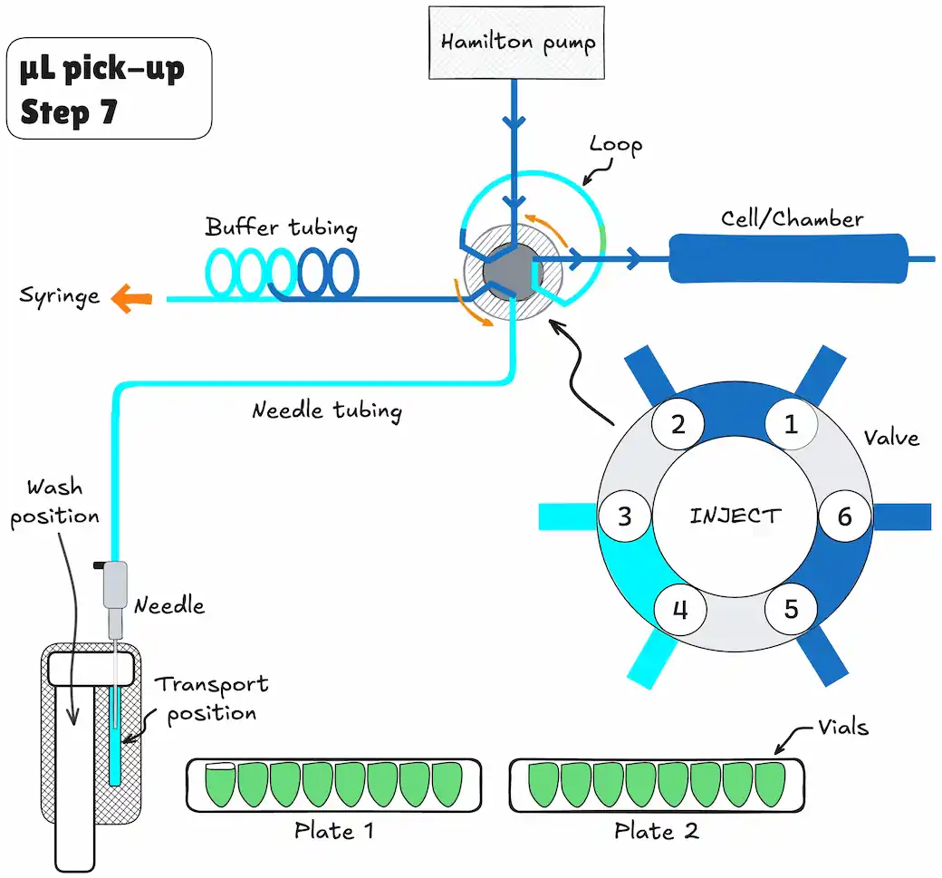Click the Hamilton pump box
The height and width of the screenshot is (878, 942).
tap(516, 43)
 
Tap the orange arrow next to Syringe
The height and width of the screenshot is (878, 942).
tap(131, 298)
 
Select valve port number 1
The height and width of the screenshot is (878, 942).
tap(792, 424)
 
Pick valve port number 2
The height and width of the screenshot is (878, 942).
tap(678, 424)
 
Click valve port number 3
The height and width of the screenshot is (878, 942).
tap(625, 516)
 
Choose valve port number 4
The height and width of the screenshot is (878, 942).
tap(679, 610)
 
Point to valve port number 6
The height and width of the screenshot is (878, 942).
tap(845, 516)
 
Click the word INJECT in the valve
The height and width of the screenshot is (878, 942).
tap(735, 516)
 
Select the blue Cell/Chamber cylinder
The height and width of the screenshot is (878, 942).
tap(788, 258)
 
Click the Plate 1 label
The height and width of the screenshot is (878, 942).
tap(334, 831)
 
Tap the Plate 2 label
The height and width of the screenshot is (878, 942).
tap(657, 831)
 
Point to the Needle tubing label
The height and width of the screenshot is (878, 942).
tap(327, 411)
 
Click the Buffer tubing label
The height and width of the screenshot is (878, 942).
tap(281, 228)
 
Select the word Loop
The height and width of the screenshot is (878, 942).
tap(616, 145)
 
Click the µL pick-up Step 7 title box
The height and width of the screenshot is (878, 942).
tap(109, 88)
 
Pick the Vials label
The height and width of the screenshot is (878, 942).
tap(843, 728)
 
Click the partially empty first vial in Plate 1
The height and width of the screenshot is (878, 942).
tap(220, 785)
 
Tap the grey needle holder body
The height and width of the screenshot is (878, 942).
tap(115, 584)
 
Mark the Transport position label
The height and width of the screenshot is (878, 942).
tap(211, 699)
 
